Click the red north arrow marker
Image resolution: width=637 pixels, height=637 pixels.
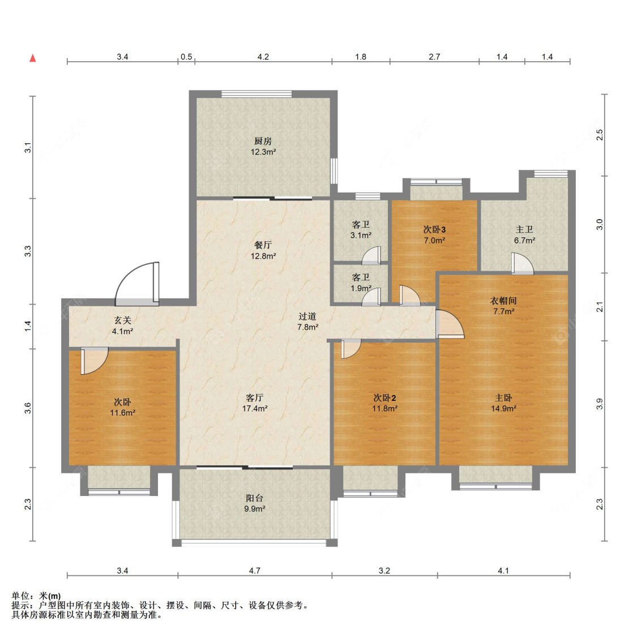(33, 58)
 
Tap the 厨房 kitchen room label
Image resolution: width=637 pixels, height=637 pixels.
(263, 141)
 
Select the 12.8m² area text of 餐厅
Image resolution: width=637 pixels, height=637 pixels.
(263, 256)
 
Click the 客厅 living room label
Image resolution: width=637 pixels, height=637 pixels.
(254, 397)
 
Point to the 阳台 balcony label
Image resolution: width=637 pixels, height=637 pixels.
(254, 498)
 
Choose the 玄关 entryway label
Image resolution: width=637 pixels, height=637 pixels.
(122, 321)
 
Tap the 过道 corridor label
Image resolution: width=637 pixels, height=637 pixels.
(307, 317)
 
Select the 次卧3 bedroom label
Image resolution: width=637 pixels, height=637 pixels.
(434, 229)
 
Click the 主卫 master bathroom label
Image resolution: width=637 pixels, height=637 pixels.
(524, 229)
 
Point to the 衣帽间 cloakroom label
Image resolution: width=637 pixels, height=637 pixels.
(503, 301)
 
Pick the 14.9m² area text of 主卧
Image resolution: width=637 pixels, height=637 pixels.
(503, 408)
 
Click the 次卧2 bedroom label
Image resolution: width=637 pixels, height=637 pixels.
(384, 397)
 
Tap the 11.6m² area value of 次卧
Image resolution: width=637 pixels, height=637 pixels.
(122, 413)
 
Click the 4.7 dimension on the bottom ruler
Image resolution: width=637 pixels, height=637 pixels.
(255, 570)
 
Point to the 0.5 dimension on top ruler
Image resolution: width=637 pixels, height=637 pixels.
(186, 57)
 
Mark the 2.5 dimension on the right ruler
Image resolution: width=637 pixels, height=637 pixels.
(600, 135)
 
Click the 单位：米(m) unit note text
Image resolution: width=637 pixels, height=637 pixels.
(36, 596)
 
